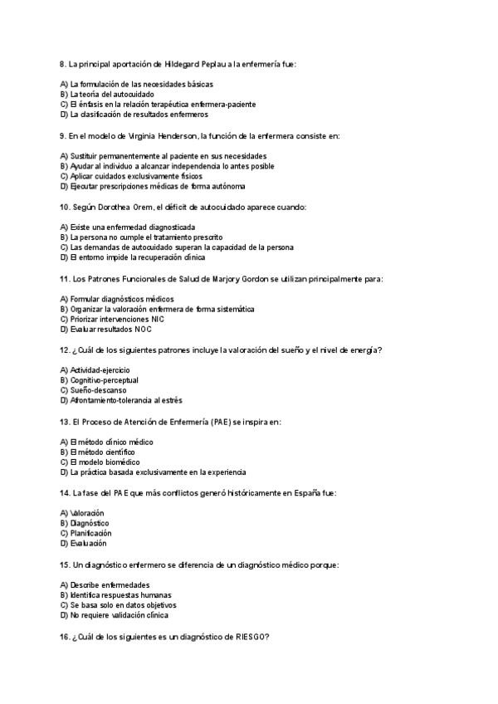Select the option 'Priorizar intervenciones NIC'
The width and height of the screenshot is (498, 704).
click(112, 319)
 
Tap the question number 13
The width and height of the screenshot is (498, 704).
click(65, 421)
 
